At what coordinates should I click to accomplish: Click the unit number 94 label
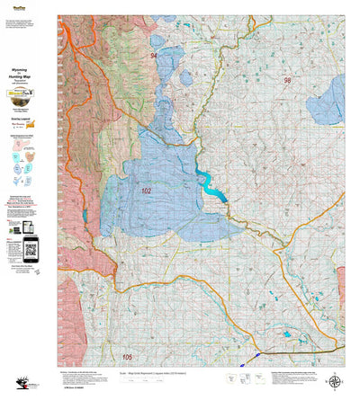point(154,57)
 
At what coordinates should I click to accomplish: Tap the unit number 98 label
point(287,81)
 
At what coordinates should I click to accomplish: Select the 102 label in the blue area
point(147,191)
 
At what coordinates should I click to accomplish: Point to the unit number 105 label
point(126,357)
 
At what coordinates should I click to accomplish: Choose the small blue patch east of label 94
point(186,77)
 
